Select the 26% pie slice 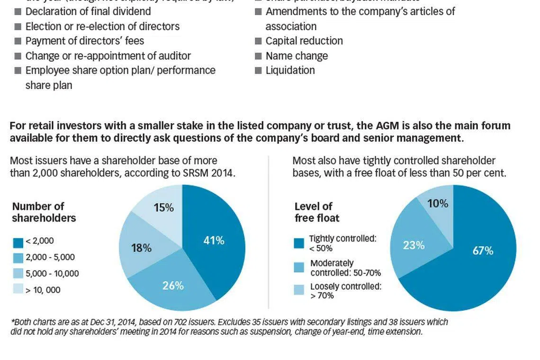point(173,286)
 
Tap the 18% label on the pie point(141,248)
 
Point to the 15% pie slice point(163,207)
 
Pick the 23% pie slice point(414,245)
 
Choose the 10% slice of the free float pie point(437,203)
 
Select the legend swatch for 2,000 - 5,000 point(18,258)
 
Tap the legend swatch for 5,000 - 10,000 point(18,274)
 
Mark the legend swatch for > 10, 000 point(18,289)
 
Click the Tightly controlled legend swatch point(299,243)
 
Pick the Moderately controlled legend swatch point(299,267)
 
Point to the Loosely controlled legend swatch point(299,290)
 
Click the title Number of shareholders point(44,212)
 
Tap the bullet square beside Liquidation point(258,71)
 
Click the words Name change point(297,56)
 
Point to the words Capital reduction point(304,41)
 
